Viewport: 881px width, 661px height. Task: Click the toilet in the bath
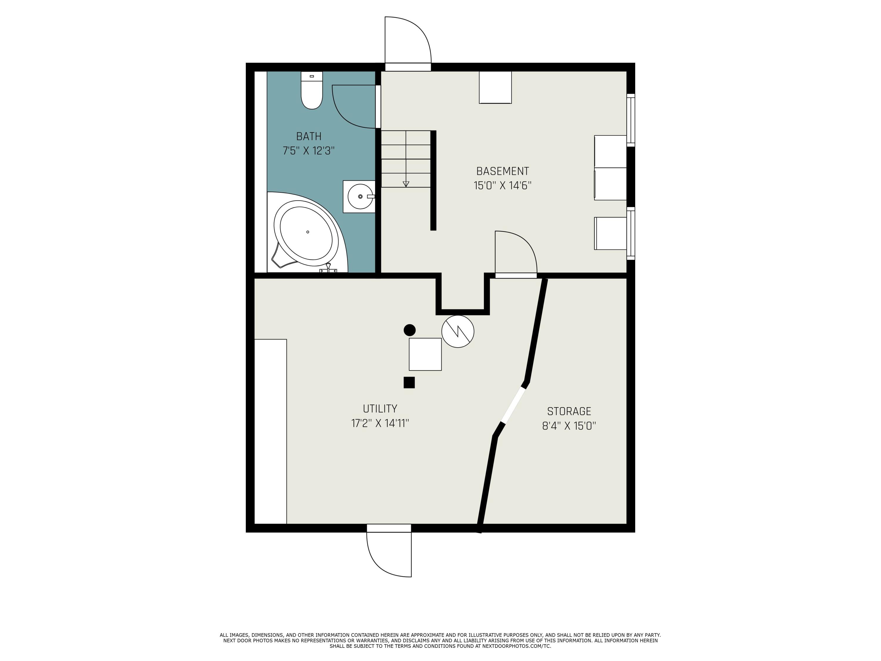tap(312, 90)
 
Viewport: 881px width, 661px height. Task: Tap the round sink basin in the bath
tap(360, 197)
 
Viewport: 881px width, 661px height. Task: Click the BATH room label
tap(309, 136)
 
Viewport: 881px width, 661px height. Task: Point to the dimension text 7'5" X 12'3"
tap(309, 151)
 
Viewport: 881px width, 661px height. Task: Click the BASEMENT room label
tap(503, 171)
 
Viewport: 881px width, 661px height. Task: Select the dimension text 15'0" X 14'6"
tap(503, 186)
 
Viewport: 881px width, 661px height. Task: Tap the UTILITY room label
tap(380, 409)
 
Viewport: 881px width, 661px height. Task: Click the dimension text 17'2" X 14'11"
tap(380, 423)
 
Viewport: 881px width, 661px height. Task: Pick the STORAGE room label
tap(569, 411)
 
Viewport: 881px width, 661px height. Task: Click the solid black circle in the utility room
tap(409, 330)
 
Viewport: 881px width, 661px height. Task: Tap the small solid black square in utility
tap(409, 382)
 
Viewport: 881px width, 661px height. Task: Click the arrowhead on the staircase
tap(406, 184)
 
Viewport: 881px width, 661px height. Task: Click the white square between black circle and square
tap(425, 354)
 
